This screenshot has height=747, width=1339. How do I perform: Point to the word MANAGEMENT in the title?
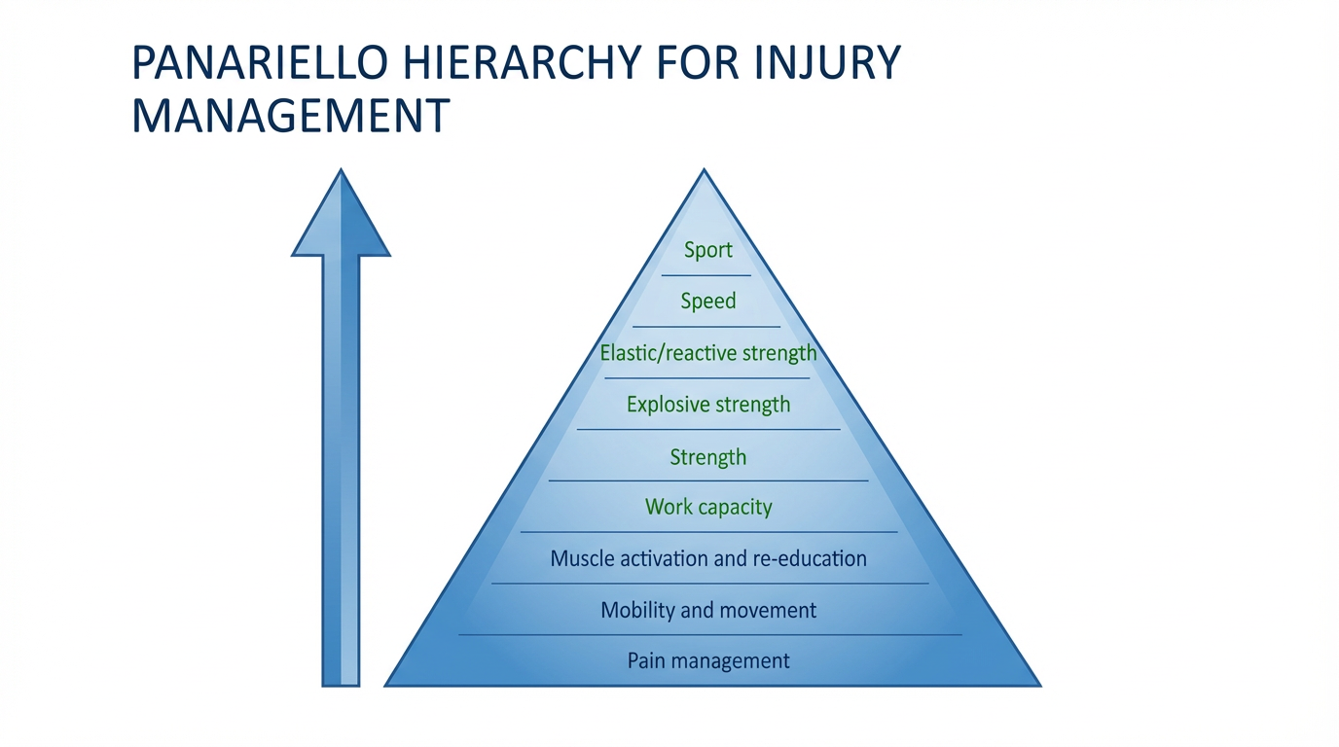(290, 115)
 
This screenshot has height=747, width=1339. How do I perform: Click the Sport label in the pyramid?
(707, 250)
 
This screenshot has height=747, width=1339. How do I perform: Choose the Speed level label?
(708, 302)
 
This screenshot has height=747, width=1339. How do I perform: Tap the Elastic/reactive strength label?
(708, 352)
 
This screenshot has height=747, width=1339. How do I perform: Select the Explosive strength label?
(708, 404)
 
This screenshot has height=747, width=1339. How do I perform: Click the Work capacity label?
(708, 507)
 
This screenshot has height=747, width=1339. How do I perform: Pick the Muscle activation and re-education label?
(708, 558)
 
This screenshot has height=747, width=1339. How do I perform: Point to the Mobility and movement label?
(708, 610)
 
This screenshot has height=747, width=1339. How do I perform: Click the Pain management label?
(708, 661)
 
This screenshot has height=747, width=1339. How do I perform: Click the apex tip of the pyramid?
(704, 172)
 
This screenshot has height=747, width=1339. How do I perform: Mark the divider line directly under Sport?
(706, 275)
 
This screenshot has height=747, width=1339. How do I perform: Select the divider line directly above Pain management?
(710, 635)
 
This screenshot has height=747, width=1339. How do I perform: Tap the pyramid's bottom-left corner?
(387, 685)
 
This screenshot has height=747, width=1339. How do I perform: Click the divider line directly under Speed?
(706, 327)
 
